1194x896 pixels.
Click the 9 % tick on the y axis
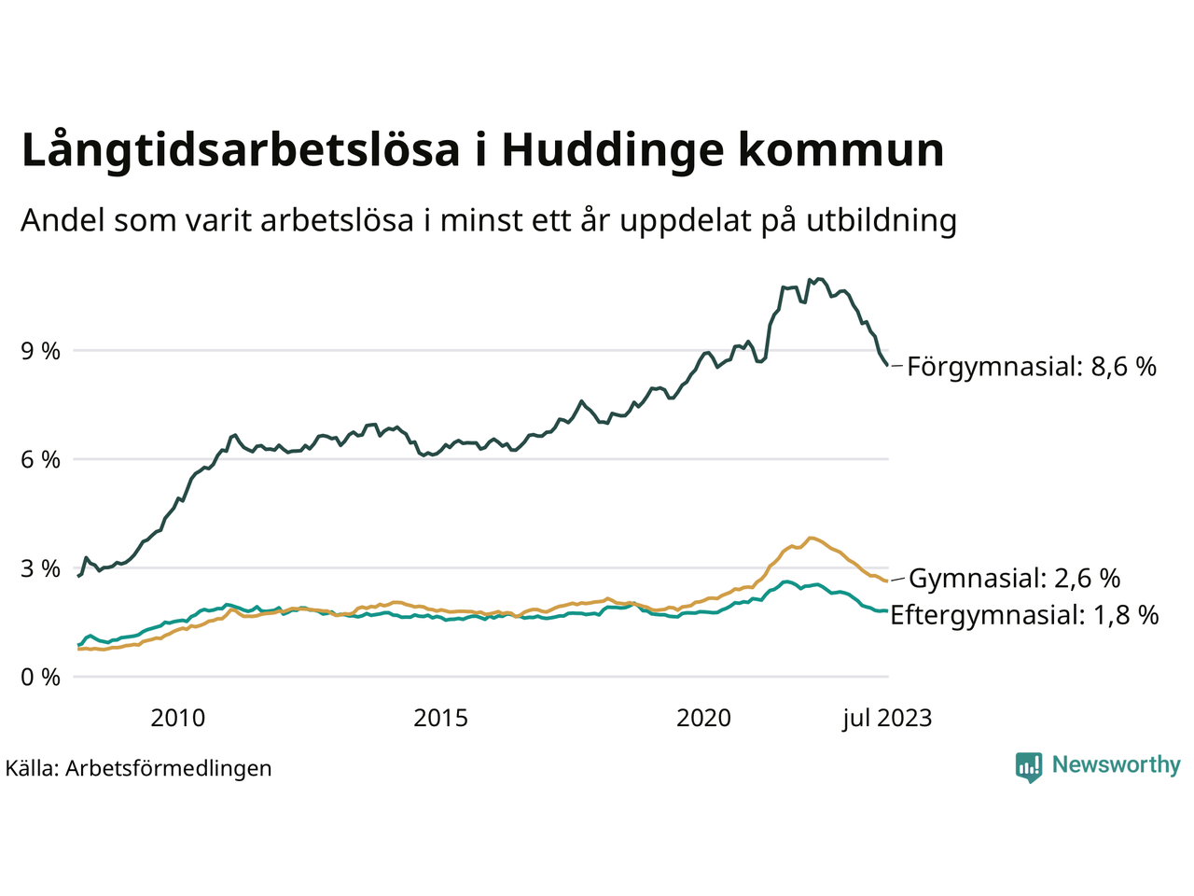(x=40, y=351)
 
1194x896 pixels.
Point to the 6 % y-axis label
(x=40, y=460)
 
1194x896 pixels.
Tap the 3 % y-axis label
(x=40, y=568)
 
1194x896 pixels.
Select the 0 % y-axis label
(x=40, y=677)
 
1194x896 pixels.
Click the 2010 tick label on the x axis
(x=178, y=718)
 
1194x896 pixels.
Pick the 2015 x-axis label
(x=441, y=718)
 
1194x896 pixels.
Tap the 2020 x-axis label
(x=704, y=718)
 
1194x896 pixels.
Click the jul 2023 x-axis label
(x=886, y=718)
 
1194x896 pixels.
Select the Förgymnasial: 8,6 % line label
(x=1031, y=366)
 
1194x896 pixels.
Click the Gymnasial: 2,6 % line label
(x=1014, y=579)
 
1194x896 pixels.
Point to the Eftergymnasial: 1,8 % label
(x=1024, y=615)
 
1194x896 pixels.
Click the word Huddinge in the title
(x=612, y=150)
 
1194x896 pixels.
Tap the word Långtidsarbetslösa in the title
(x=241, y=150)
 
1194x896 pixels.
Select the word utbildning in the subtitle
(x=882, y=220)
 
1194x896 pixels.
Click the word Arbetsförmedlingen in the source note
(x=168, y=768)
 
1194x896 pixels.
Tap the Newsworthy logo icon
(x=1029, y=767)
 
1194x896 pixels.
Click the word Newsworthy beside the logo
(x=1116, y=765)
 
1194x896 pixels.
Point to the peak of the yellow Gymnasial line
(x=812, y=538)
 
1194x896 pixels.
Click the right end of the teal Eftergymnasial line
(x=886, y=610)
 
